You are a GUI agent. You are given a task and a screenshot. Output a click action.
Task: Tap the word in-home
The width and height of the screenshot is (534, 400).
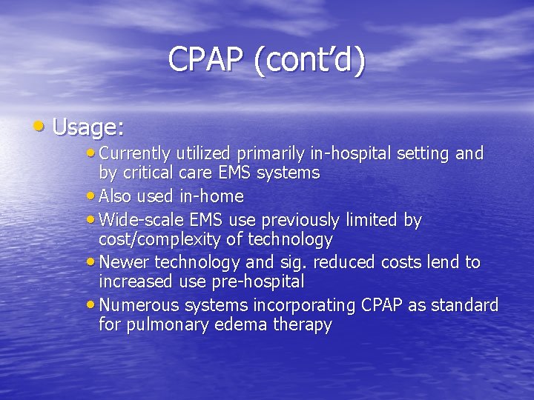(x=211, y=196)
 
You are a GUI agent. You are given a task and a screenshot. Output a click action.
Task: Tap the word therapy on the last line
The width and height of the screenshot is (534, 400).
(x=303, y=324)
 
